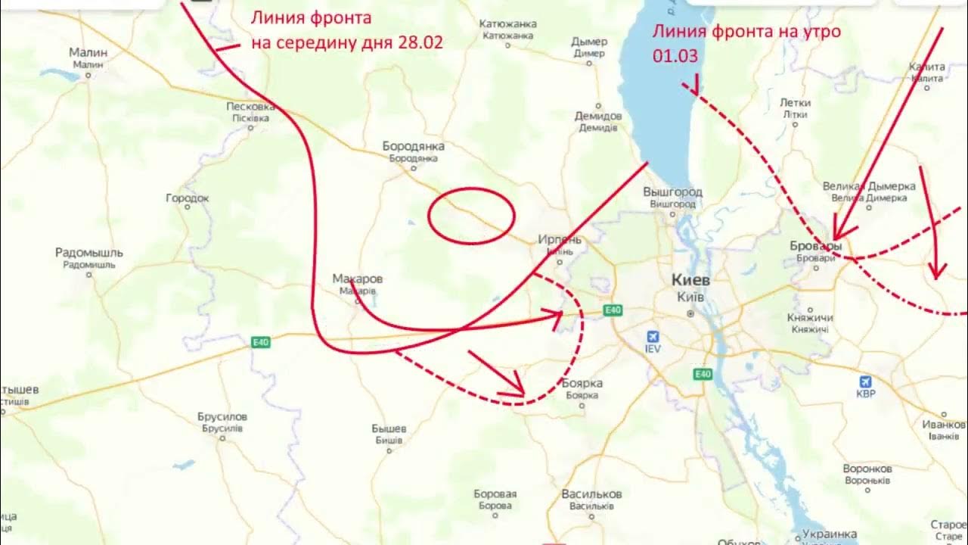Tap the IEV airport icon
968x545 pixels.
coord(653,338)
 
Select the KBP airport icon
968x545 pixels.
coord(866,383)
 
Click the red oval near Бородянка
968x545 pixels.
coord(471,216)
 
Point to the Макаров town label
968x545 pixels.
coord(358,279)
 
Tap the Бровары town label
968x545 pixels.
coord(815,247)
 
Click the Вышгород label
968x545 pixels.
coord(672,192)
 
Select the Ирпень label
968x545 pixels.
coord(560,240)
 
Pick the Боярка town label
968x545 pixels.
coord(582,384)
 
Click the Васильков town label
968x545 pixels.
coord(591,494)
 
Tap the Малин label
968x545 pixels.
coord(88,53)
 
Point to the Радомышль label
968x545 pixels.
coord(89,253)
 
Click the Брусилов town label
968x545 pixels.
coord(222,417)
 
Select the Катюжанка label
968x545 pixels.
coord(508,24)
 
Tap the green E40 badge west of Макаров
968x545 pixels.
coord(261,343)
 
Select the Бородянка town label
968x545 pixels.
coord(413,146)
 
